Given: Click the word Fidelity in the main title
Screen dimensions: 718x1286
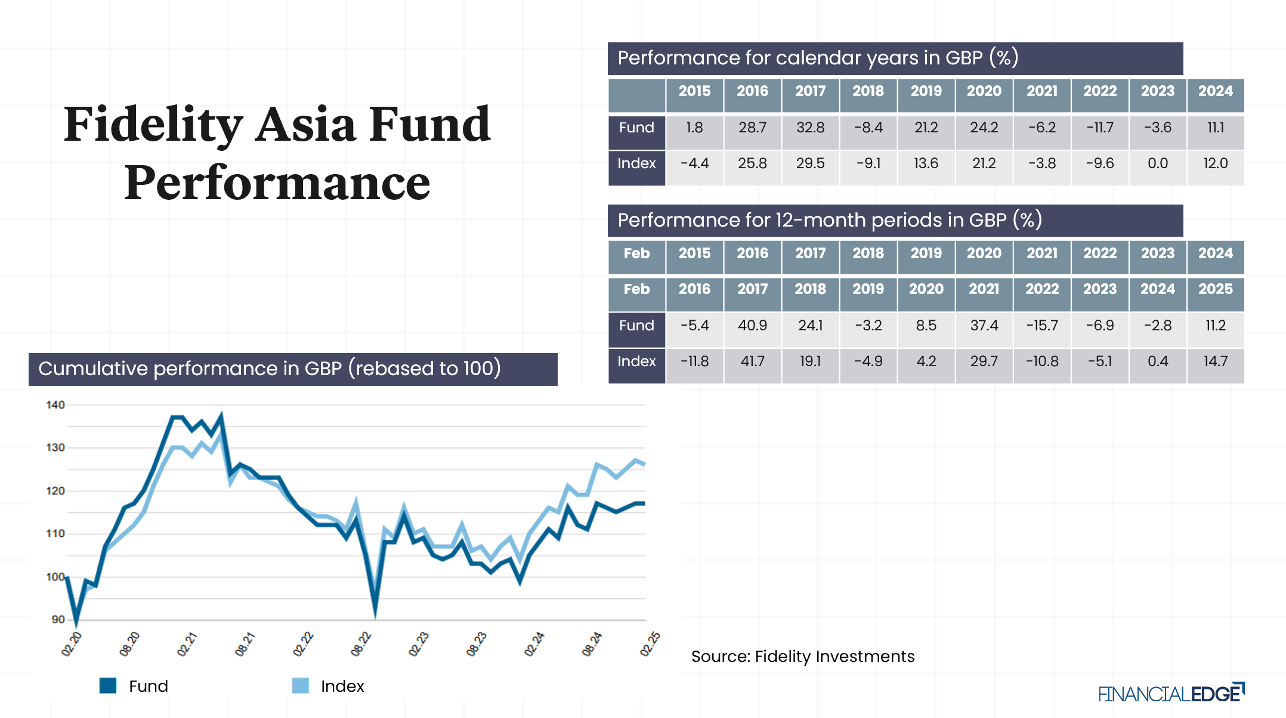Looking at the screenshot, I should [153, 125].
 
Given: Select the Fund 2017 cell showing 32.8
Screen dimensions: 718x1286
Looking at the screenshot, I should [810, 128].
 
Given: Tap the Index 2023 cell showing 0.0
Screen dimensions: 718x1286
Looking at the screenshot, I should [1157, 163].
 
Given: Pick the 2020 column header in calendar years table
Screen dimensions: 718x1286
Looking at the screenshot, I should [984, 91].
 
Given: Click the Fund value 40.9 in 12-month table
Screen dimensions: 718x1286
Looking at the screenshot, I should [752, 326].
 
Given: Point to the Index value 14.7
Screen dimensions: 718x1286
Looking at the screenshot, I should [1215, 361].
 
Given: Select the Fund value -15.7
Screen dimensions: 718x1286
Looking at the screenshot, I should [1041, 326].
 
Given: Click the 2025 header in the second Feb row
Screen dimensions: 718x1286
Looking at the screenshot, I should [1215, 289].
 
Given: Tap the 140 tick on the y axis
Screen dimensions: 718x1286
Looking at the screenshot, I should [55, 405].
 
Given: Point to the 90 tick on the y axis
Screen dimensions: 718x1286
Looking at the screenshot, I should [58, 620].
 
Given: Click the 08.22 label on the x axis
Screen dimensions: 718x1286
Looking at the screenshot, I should [361, 645].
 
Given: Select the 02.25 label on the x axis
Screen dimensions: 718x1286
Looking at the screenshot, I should [650, 645].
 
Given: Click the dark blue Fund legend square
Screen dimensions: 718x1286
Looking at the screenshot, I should [108, 686].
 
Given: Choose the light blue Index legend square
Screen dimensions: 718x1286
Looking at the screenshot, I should [301, 686].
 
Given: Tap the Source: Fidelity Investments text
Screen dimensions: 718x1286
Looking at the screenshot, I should [802, 657].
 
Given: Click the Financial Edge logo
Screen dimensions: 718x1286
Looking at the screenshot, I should [1170, 694].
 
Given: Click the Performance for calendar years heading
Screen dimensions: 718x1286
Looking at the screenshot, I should [817, 58].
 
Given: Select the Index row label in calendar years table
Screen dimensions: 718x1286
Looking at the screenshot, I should [636, 164].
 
